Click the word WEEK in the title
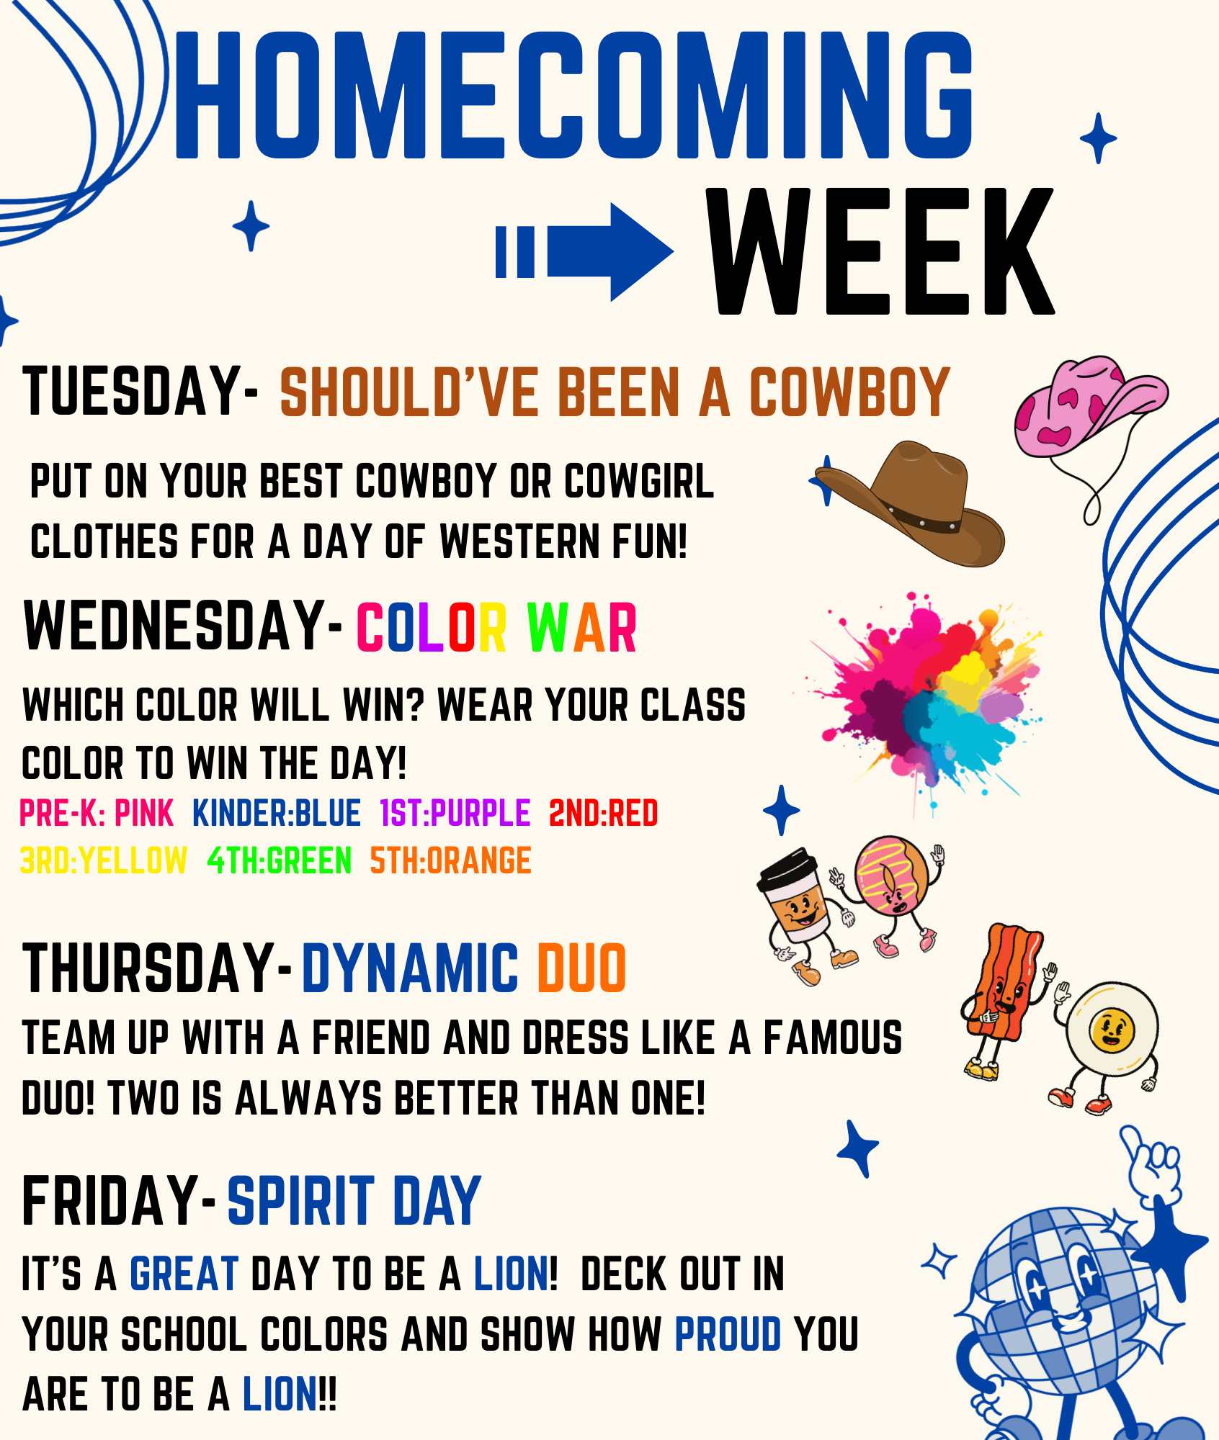click(x=880, y=251)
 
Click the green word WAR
click(x=582, y=628)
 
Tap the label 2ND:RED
click(x=604, y=814)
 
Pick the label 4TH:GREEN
click(x=280, y=861)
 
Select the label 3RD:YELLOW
click(x=104, y=861)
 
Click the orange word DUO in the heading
click(x=582, y=968)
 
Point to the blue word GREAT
click(x=184, y=1274)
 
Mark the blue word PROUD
click(x=728, y=1334)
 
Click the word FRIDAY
click(x=111, y=1200)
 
